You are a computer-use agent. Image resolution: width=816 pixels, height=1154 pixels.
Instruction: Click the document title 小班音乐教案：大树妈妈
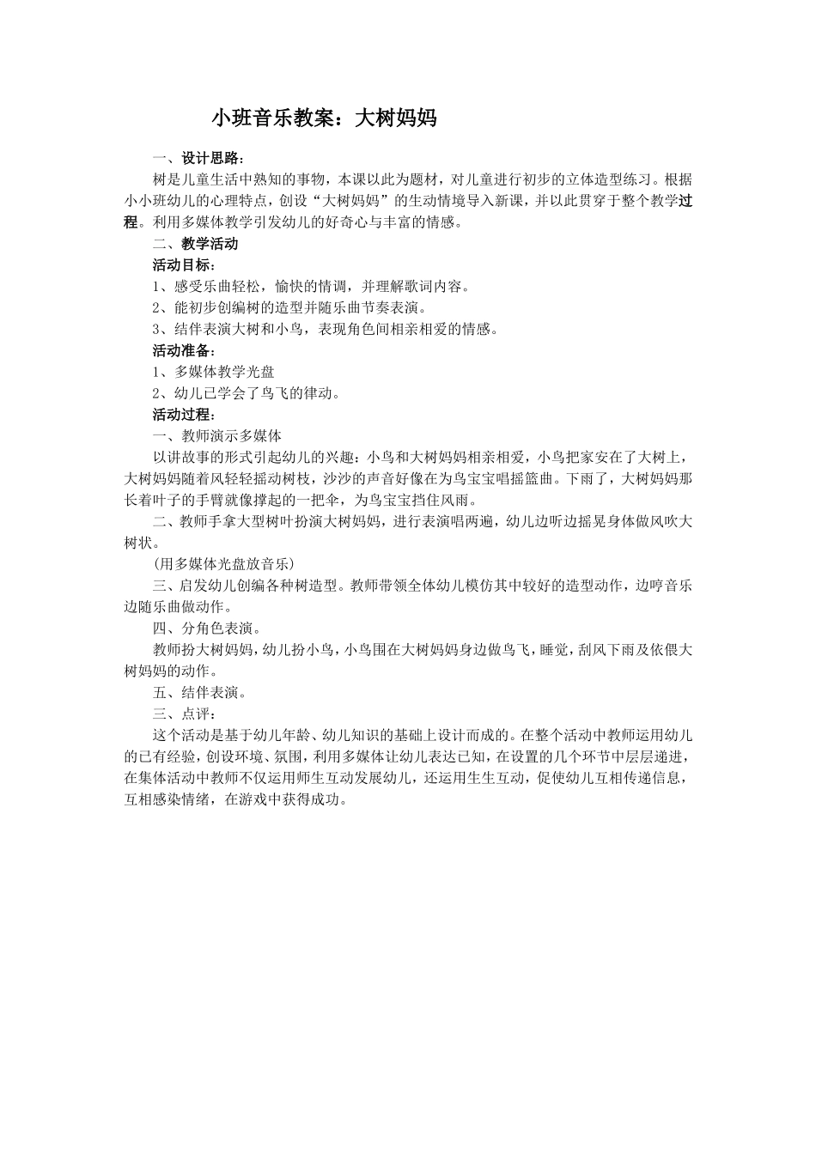point(324,118)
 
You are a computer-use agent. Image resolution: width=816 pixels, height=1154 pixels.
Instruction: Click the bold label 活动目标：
point(184,265)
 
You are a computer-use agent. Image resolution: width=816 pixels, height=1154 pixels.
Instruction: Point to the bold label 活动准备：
point(184,351)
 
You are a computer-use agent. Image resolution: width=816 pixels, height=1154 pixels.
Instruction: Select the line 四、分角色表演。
point(207,629)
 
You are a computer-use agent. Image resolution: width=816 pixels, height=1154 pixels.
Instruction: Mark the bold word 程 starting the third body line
point(131,222)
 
